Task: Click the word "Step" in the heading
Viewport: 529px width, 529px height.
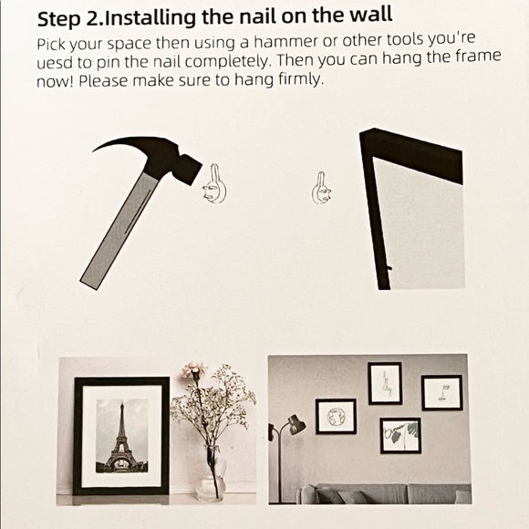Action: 58,19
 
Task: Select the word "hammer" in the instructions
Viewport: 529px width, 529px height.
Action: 285,41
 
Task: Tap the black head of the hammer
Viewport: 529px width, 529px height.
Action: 173,159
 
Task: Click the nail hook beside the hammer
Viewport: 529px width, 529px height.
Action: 215,184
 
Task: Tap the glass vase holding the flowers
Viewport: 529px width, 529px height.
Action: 211,478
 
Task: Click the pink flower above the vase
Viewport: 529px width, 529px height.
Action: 192,370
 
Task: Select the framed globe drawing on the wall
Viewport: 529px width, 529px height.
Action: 336,416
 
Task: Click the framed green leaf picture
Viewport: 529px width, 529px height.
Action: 400,436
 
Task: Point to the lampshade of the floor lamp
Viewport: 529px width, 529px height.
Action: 296,425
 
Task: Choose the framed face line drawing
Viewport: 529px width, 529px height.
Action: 441,392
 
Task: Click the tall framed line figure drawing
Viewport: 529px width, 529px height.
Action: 385,383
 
